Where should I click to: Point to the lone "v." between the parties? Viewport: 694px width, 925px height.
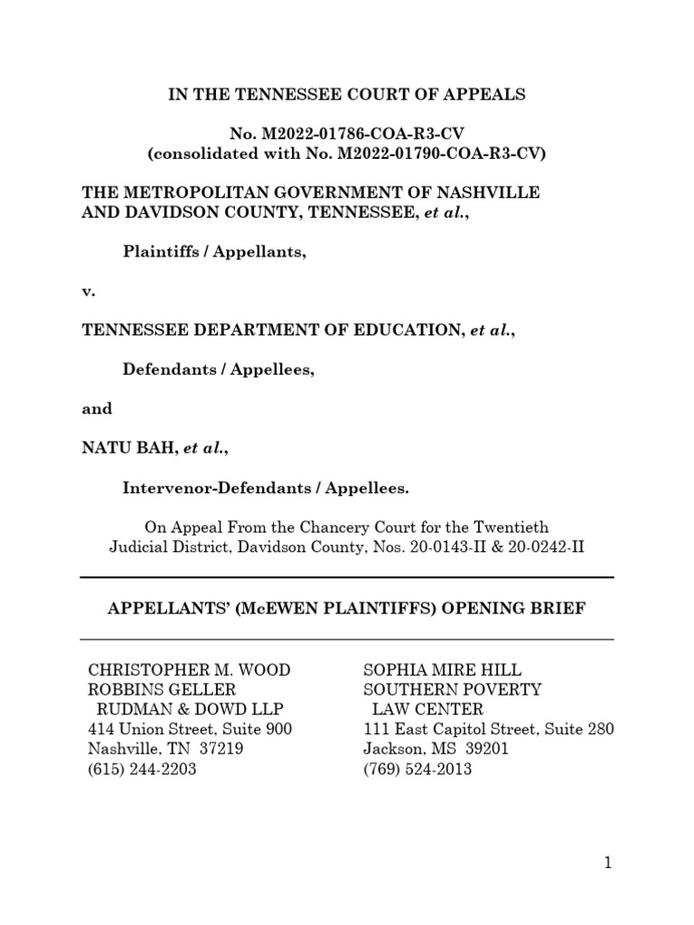[89, 291]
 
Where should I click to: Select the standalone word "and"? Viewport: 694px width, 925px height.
[98, 408]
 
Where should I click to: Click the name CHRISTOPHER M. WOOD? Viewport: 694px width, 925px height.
[189, 669]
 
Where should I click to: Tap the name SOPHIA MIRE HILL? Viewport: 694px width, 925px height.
[442, 669]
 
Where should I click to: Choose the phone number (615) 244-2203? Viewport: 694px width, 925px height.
[142, 770]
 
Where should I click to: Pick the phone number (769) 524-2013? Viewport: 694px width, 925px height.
[417, 770]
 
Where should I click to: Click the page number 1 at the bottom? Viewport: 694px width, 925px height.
[608, 863]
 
